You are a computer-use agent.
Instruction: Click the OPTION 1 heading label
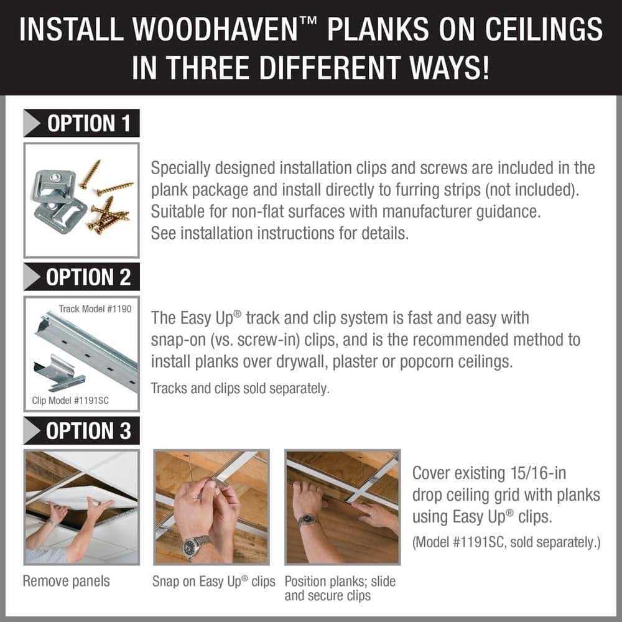[89, 123]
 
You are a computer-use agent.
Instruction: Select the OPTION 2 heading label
[89, 277]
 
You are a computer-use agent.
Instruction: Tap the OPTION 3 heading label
[89, 431]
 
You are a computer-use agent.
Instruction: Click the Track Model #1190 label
[95, 309]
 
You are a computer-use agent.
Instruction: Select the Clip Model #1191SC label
[70, 400]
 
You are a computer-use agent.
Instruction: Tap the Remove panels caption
[66, 581]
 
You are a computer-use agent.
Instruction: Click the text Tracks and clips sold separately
[239, 388]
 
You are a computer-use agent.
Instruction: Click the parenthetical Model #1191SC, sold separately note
[506, 542]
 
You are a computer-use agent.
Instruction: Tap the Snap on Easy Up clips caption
[213, 582]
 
